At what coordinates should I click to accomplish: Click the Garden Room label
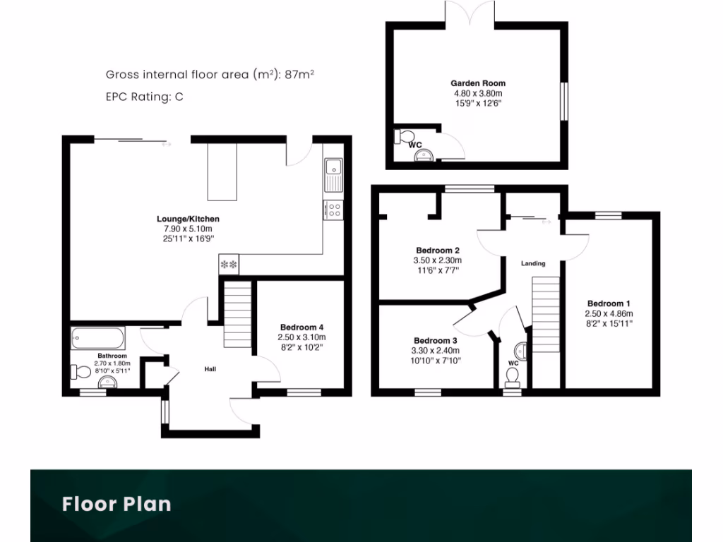(x=478, y=83)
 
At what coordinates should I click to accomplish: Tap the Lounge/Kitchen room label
(x=188, y=219)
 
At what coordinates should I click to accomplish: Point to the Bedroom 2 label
(x=438, y=251)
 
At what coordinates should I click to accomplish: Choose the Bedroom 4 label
(x=301, y=327)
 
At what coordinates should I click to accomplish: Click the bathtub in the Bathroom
(x=99, y=338)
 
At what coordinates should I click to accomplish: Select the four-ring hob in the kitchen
(x=333, y=210)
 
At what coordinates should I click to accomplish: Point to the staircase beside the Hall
(x=237, y=314)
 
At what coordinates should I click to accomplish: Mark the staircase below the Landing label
(x=544, y=314)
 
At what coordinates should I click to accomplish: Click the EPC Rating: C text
(x=145, y=97)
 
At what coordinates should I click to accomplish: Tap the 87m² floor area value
(x=304, y=74)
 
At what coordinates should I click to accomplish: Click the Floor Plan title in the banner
(x=116, y=504)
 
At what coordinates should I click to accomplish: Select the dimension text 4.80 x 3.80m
(x=478, y=93)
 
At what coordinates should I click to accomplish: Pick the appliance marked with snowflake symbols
(x=229, y=265)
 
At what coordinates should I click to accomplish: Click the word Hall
(x=210, y=369)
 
